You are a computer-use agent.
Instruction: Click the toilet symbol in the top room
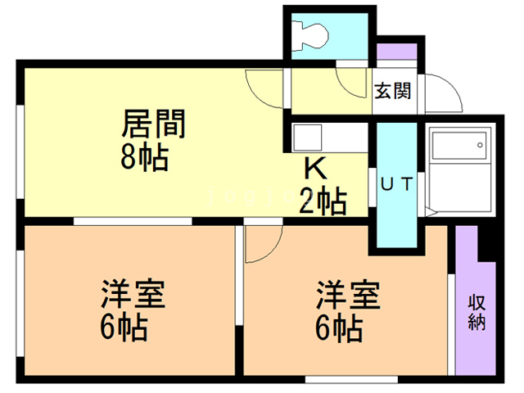310,35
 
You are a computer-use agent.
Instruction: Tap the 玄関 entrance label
393,91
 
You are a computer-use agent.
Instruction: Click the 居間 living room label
153,124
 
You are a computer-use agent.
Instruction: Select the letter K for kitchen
315,169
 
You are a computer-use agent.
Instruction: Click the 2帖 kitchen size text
323,201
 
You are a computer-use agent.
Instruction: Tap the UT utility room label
397,183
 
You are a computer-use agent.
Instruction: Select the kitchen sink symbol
308,138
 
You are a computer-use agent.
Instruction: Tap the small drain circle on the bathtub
481,145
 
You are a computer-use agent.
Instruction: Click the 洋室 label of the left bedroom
133,294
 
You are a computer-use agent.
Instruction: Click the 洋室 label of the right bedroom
348,295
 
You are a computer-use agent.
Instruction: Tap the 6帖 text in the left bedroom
124,327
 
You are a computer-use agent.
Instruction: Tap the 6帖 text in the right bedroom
339,327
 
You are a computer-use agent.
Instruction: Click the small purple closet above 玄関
396,52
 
